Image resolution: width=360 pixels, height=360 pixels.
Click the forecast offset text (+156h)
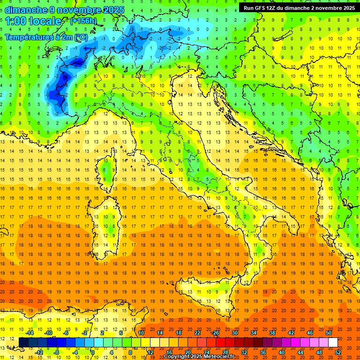pyautogui.click(x=83, y=21)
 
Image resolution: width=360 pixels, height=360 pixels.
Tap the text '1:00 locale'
pyautogui.click(x=33, y=21)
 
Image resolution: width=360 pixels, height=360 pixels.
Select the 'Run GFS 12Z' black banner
pyautogui.click(x=299, y=7)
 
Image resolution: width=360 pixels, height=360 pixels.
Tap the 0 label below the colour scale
pyautogui.click(x=93, y=352)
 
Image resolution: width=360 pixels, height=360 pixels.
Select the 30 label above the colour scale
pyautogui.click(x=234, y=332)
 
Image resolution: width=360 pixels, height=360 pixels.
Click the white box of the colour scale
pyautogui.click(x=333, y=342)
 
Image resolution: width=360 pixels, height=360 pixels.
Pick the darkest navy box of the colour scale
pyautogui.click(x=23, y=342)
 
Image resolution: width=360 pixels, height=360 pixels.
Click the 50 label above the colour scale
pyautogui.click(x=329, y=332)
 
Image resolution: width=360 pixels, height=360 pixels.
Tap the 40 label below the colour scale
pyautogui.click(x=281, y=352)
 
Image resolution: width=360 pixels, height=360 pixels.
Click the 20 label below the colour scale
pyautogui.click(x=187, y=352)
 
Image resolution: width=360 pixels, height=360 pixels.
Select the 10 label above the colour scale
pyautogui.click(x=141, y=332)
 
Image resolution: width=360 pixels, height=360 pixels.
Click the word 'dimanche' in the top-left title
pyautogui.click(x=25, y=10)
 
